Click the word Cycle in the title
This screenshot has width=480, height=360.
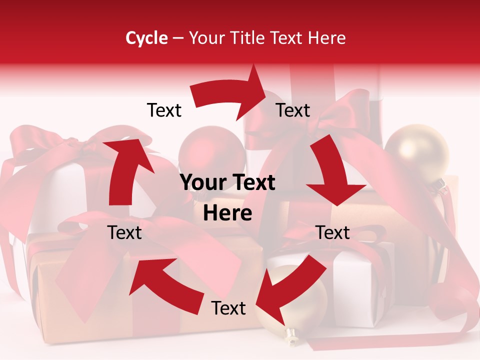[146, 38]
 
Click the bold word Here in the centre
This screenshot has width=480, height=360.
[227, 213]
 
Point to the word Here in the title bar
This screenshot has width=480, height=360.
[327, 38]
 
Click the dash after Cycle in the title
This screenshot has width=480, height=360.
[178, 38]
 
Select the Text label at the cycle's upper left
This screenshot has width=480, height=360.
[164, 110]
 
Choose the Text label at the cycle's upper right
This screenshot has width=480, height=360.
[293, 110]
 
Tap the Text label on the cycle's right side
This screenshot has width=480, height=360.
[333, 232]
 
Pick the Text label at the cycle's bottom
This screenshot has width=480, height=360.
[228, 308]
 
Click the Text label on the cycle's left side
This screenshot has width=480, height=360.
[124, 232]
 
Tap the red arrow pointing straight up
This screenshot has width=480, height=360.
[128, 170]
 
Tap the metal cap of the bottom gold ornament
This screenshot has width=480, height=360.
[289, 334]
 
